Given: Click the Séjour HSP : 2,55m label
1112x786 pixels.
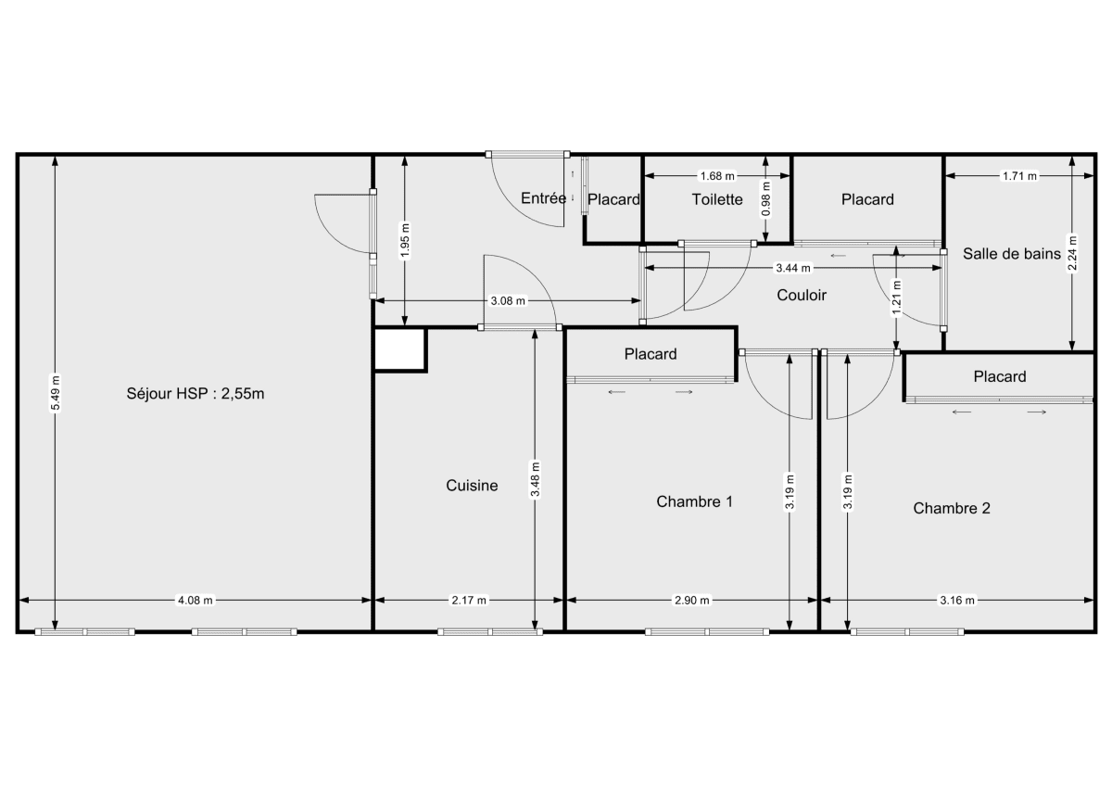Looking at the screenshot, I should (196, 393).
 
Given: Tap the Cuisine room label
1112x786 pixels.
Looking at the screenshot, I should (472, 485).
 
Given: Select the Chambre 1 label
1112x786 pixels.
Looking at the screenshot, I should (694, 501).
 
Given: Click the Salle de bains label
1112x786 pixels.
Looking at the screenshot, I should (1012, 253).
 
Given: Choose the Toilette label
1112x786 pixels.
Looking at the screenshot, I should (717, 199).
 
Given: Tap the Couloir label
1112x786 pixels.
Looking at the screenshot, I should (802, 296).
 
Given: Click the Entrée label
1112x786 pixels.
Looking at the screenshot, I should (543, 197).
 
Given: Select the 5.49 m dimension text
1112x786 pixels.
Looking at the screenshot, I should (56, 394).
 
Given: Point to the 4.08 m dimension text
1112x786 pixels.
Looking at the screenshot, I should (196, 600).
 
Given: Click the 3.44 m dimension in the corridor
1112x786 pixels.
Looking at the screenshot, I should (793, 268).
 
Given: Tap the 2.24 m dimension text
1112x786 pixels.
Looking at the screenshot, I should (1072, 252).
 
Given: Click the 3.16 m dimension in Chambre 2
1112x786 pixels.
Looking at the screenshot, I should (957, 600).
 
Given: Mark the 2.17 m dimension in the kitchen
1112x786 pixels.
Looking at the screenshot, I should (469, 600).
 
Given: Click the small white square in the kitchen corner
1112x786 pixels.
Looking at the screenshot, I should (399, 349).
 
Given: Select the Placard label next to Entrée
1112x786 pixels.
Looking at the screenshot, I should (613, 199).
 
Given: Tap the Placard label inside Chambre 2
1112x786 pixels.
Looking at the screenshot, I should (999, 376).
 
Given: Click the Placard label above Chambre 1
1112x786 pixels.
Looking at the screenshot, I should (651, 353).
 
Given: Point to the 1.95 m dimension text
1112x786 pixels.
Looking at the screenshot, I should (404, 239).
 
